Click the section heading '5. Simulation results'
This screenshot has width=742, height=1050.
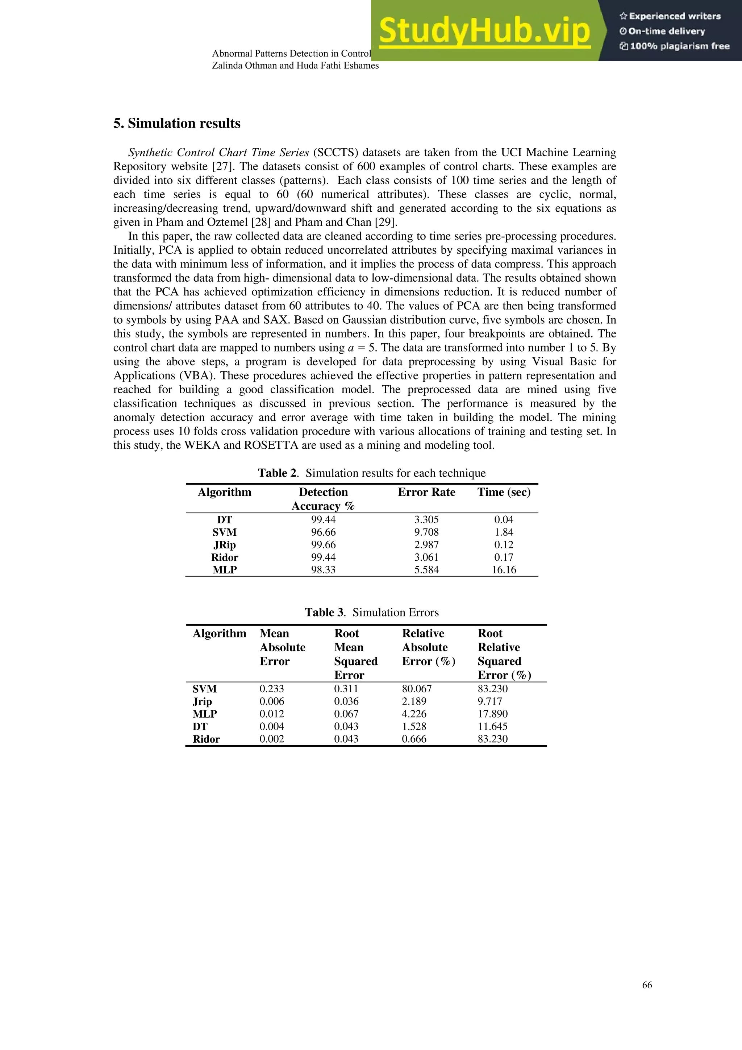pos(176,124)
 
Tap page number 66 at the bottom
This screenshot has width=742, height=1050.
pos(647,985)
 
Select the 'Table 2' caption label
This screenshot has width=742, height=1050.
pos(278,473)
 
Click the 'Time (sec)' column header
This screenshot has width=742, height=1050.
pos(504,492)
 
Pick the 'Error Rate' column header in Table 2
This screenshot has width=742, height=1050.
pos(426,492)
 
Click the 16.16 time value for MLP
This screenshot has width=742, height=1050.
pos(504,570)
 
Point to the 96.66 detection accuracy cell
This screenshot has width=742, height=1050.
pos(323,532)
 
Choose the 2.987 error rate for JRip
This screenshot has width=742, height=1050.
pos(426,545)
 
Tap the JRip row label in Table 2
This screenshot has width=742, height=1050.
pos(225,545)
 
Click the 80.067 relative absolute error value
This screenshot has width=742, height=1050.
pos(417,689)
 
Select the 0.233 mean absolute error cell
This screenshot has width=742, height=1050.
pos(272,689)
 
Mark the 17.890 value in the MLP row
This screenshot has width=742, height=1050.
pos(492,714)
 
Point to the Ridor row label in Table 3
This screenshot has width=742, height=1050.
pos(206,739)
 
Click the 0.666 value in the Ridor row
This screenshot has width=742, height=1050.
pos(414,739)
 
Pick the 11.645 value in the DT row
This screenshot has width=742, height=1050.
pos(492,726)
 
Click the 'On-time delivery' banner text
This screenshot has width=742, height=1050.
pos(662,31)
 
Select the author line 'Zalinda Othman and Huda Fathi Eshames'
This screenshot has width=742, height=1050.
pos(295,65)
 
